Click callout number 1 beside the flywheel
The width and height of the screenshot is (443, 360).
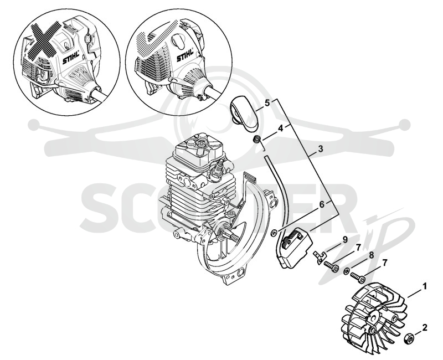click(x=424, y=287)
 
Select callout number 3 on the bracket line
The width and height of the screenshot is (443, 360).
click(x=321, y=148)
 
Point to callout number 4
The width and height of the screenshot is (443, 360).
click(x=280, y=128)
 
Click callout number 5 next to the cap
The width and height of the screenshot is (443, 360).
click(x=267, y=103)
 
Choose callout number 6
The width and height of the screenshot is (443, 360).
click(x=322, y=204)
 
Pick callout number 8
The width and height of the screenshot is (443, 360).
click(x=371, y=255)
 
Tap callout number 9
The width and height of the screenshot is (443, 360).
click(x=345, y=240)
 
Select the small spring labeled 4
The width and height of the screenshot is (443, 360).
click(x=256, y=139)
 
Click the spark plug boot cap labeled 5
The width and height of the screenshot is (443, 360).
click(x=245, y=114)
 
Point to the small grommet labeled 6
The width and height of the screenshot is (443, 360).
click(x=274, y=233)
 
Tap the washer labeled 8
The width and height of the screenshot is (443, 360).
click(x=347, y=272)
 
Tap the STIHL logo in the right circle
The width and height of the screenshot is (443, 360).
click(x=185, y=55)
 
